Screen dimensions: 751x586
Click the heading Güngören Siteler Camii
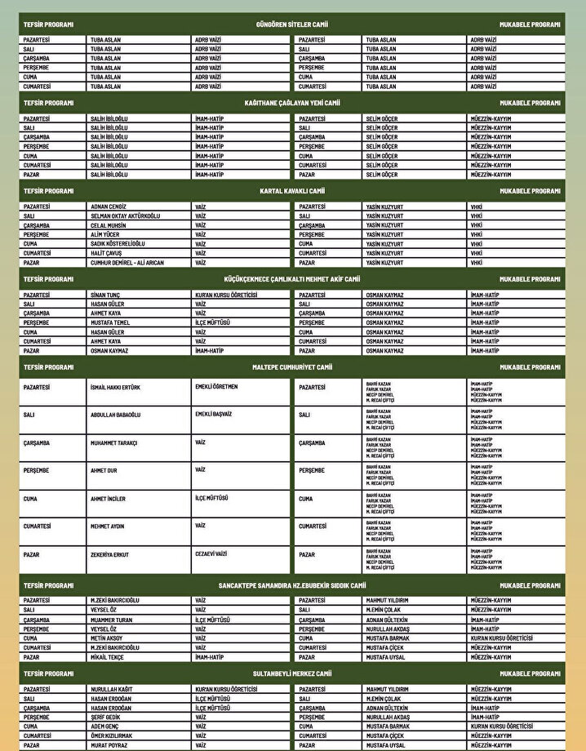(292, 24)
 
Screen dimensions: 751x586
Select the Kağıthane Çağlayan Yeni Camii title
(292, 104)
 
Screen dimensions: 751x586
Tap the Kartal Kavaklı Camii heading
(292, 191)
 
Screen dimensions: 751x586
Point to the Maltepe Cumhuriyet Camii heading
(292, 367)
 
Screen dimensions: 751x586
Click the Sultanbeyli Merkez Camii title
(292, 674)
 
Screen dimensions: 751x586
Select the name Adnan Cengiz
(109, 207)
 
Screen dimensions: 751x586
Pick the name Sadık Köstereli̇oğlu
(118, 244)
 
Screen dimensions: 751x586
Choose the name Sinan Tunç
(105, 295)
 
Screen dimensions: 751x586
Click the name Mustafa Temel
(110, 322)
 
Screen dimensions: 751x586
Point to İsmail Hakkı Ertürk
(115, 387)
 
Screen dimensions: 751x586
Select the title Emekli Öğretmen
(216, 386)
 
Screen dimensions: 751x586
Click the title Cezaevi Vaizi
(211, 553)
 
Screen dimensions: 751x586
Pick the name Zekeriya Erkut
(110, 554)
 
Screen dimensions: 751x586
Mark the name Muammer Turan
(111, 620)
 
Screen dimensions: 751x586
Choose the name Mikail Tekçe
(108, 657)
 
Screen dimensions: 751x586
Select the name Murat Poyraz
(109, 745)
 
